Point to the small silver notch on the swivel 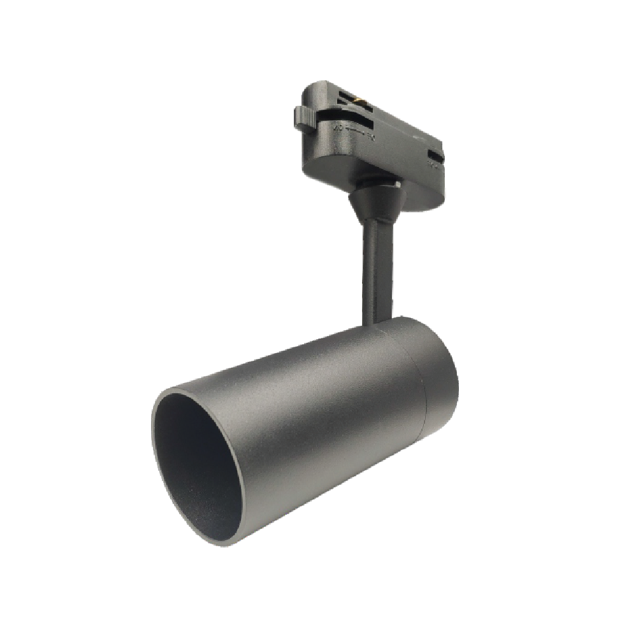(x=396, y=185)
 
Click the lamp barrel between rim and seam (x=300, y=414)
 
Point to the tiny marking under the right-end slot (x=432, y=165)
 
